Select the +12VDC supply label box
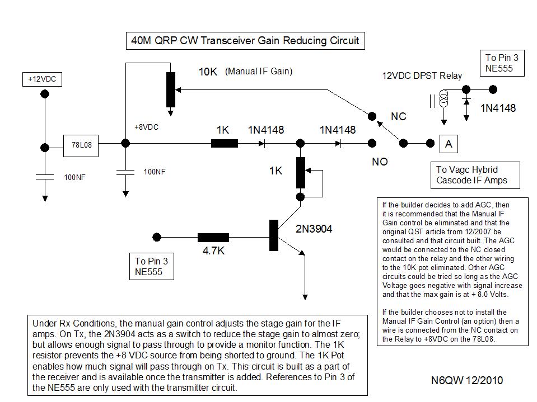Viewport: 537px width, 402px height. pos(43,80)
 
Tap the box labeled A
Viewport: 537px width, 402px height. pos(448,144)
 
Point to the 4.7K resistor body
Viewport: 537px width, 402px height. pos(213,238)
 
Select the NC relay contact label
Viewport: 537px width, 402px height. pos(398,117)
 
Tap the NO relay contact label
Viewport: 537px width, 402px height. pos(380,162)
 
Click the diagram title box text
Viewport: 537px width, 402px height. pos(244,41)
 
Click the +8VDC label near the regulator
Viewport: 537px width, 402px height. pos(146,127)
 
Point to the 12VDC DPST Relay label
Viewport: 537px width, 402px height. pos(422,75)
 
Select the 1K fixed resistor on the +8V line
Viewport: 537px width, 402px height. pos(224,144)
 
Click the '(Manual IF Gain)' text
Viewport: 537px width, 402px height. pos(259,72)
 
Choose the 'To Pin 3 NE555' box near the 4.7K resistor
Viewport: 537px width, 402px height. pos(151,267)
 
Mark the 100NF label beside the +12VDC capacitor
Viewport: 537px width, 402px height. pos(75,177)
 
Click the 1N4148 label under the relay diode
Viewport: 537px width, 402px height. pos(498,108)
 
